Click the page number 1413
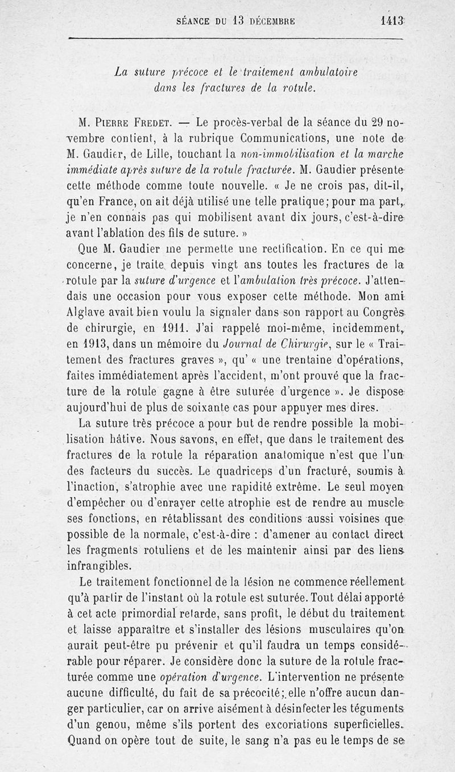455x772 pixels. tap(392, 22)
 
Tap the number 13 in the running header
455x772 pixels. tap(238, 22)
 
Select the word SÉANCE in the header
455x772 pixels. tap(194, 23)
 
